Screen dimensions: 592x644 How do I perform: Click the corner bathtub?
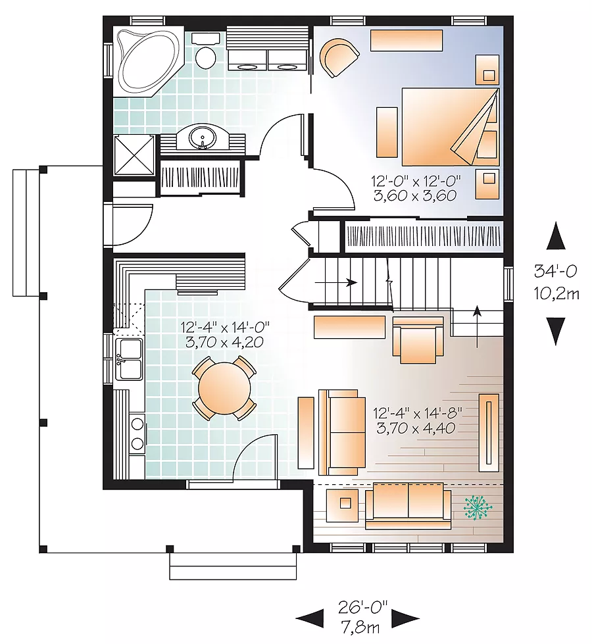coord(148,62)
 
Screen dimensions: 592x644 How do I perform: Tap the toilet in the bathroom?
coord(205,51)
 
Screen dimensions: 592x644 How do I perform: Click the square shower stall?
coord(134,155)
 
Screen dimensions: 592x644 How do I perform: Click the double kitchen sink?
coord(130,359)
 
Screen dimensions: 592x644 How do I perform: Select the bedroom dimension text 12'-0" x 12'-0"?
coord(416,180)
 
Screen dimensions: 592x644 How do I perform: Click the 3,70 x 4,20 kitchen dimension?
coord(224,342)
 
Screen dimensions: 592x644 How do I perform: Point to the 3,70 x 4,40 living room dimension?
coord(416,428)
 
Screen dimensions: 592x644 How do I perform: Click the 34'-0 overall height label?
coord(555,271)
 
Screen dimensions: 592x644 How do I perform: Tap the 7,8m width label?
coord(360,638)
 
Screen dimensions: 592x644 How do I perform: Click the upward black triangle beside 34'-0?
coord(556,235)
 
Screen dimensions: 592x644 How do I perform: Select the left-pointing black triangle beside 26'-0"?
coord(310,618)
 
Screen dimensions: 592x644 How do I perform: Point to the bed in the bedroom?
coord(451,126)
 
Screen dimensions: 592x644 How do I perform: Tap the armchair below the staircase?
coord(418,340)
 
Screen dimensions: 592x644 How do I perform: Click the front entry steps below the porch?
coord(233,566)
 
